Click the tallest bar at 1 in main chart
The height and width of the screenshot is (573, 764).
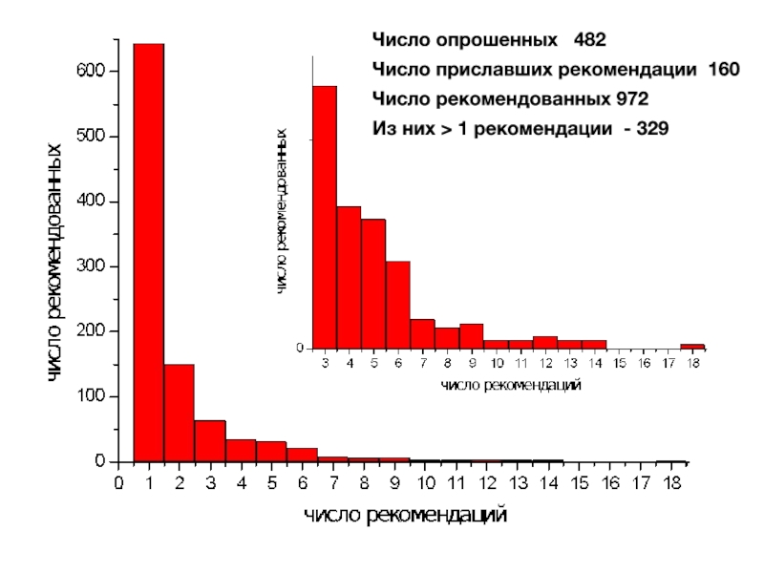148,252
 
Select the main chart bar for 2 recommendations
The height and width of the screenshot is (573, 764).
179,413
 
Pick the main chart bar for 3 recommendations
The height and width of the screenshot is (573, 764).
209,441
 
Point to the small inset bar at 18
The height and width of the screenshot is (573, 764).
692,347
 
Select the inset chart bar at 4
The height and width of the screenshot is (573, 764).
349,278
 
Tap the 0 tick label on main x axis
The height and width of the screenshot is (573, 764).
118,483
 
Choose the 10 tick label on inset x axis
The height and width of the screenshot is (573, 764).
497,364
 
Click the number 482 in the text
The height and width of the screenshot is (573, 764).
589,41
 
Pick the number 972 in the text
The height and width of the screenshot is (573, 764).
631,98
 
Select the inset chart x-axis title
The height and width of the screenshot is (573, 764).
511,386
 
